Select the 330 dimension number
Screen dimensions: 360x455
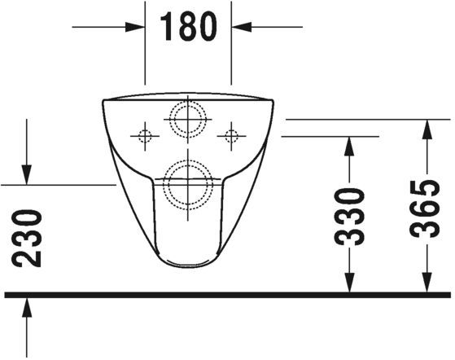coord(348,217)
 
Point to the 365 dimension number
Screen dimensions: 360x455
coord(425,209)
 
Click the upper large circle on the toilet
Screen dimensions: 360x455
coord(188,120)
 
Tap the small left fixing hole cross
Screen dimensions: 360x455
coord(145,134)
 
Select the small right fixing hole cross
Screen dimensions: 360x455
coord(232,134)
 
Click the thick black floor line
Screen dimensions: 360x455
coord(228,294)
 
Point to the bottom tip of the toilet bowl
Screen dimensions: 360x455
coord(188,268)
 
